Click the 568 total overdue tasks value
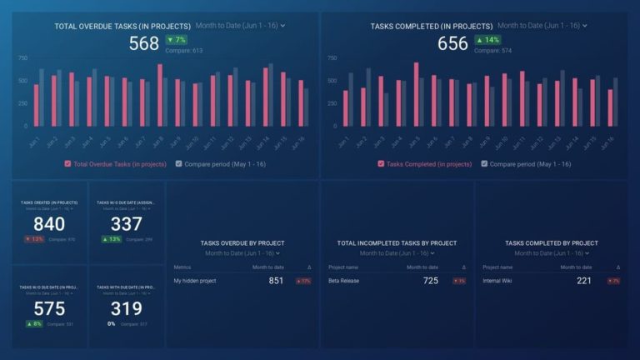[x=143, y=43]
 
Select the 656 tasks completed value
[x=453, y=43]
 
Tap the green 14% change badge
[x=488, y=40]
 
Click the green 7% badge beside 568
[x=177, y=40]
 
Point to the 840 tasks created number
[x=49, y=224]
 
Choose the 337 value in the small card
[x=127, y=224]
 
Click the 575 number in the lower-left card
[x=49, y=309]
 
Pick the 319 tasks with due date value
[x=127, y=309]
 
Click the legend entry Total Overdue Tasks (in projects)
[x=116, y=164]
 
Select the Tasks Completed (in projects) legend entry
[x=425, y=164]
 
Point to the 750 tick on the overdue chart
[x=22, y=58]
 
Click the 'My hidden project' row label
[x=195, y=281]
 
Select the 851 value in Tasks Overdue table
[x=276, y=281]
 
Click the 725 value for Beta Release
[x=431, y=281]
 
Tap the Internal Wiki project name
[x=500, y=281]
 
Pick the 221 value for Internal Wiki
[x=584, y=281]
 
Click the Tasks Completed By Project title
[x=551, y=243]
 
